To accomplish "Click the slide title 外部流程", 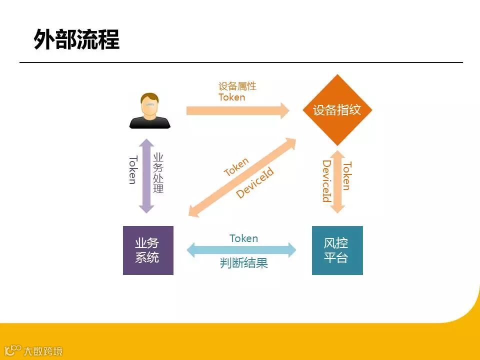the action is (76, 39).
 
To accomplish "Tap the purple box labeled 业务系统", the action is (148, 250).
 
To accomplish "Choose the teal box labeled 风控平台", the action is (337, 250).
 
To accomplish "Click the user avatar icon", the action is (149, 111).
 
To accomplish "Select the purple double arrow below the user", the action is (146, 175).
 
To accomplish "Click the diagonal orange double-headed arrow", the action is (242, 177).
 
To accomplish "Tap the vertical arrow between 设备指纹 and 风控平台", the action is (337, 181).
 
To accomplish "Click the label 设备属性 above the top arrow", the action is (237, 86).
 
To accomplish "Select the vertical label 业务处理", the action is (158, 173).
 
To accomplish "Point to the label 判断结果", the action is (244, 263).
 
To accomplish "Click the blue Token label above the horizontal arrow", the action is (243, 238).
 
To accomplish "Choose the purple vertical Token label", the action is (132, 170).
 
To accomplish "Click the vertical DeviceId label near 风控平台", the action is (326, 181).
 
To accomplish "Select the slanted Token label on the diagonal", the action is (236, 167).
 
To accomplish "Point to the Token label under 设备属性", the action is (231, 97).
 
